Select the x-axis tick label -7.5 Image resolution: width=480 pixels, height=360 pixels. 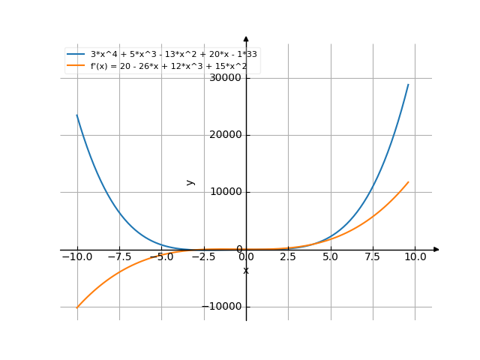118,256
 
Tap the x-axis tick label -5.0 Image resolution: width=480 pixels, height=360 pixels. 161,256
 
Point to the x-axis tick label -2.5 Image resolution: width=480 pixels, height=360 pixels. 203,256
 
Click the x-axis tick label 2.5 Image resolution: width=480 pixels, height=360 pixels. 288,256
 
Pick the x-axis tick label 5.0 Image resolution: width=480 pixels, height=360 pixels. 331,256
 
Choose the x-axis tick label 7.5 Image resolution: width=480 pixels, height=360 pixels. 373,256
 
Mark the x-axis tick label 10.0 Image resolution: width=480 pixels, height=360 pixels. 415,256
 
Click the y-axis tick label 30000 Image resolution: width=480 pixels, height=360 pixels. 226,78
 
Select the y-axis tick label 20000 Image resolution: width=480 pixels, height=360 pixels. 226,135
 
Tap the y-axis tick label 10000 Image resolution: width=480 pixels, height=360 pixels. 226,192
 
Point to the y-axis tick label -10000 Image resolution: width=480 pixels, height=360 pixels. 223,306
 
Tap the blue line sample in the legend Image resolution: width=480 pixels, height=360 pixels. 76,55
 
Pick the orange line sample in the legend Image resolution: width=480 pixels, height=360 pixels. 76,66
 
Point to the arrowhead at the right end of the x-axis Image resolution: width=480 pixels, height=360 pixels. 436,249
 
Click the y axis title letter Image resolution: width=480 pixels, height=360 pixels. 191,181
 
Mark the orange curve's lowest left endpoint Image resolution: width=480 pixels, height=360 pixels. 77,306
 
